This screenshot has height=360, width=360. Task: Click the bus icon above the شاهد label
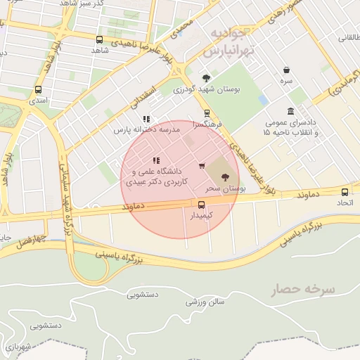98,40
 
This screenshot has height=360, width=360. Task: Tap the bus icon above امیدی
38,89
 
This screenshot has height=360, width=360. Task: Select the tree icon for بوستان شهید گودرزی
206,78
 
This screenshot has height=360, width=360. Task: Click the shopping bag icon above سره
287,70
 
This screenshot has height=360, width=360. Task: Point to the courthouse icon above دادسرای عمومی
290,112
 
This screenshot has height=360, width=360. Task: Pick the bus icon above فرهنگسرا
207,112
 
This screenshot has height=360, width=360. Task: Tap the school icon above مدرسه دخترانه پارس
146,120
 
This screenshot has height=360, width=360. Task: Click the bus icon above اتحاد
345,192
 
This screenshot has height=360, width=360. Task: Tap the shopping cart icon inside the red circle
202,167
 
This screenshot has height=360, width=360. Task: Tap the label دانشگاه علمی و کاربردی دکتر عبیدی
154,176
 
